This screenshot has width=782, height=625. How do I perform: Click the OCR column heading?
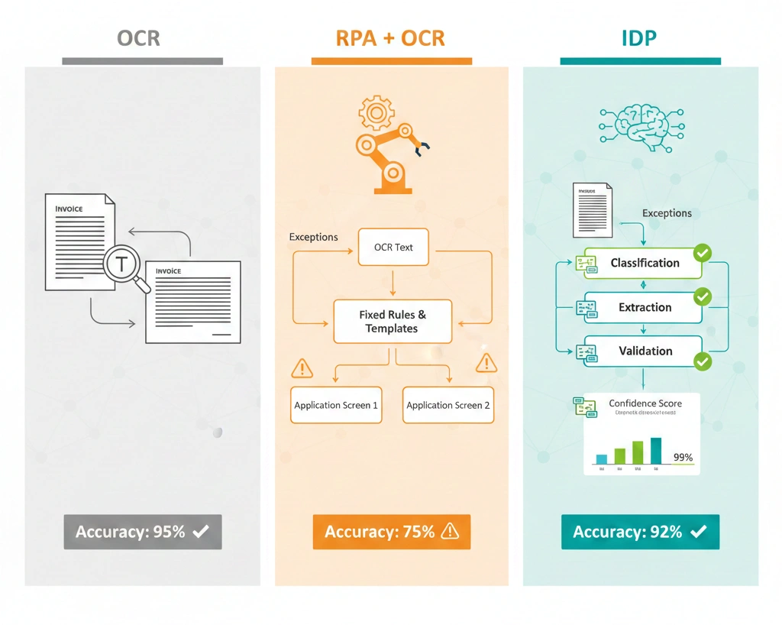[138, 38]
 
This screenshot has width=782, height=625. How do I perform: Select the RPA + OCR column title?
[391, 38]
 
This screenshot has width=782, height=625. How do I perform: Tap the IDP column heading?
[638, 38]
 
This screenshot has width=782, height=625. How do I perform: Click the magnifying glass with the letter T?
[123, 265]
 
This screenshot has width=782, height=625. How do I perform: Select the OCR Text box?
[393, 248]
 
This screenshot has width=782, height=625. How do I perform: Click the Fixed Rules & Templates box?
[393, 322]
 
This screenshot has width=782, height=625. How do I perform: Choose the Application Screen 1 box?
[336, 405]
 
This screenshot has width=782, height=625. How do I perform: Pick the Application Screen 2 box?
[448, 405]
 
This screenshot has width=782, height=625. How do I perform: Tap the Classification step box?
[644, 263]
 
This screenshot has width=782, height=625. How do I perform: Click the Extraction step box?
[644, 307]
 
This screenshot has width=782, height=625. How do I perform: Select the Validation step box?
[644, 351]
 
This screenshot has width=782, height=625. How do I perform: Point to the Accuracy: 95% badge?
[143, 532]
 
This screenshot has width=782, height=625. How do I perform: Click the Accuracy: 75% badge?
[391, 532]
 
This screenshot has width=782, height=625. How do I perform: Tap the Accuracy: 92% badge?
[640, 532]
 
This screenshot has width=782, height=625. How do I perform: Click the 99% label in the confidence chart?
[683, 458]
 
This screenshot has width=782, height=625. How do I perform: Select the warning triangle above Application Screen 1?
[302, 369]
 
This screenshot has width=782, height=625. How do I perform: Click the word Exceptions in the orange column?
[313, 237]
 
